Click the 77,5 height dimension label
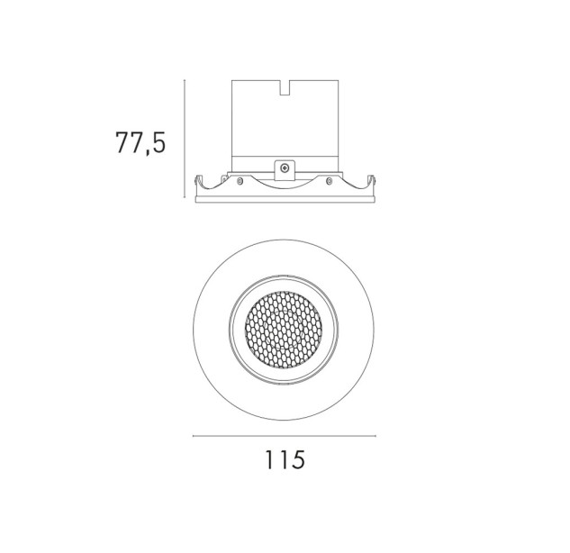[x=140, y=142]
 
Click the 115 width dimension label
[x=285, y=460]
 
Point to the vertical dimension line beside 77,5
[x=185, y=140]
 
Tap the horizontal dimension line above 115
[x=285, y=436]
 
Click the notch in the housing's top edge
[x=285, y=87]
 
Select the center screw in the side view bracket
[x=285, y=168]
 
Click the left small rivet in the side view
[x=240, y=180]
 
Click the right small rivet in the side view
[x=330, y=180]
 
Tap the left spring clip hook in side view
[x=198, y=181]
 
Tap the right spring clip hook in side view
[x=372, y=181]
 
